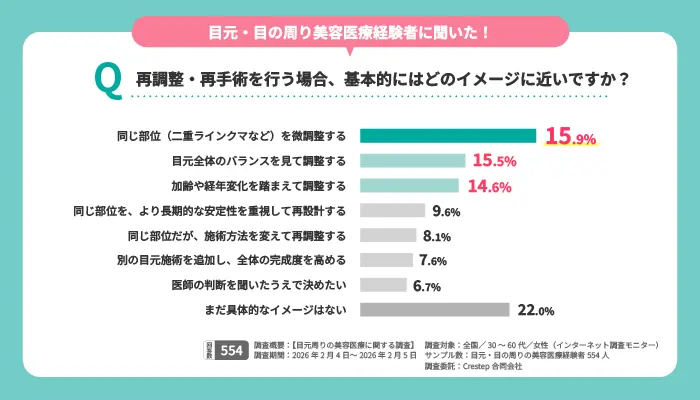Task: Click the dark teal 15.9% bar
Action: (x=448, y=136)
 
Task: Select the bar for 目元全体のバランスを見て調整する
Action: (x=412, y=161)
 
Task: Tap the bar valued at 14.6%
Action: (x=409, y=186)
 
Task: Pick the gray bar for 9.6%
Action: (x=392, y=211)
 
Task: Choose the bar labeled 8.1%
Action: (x=387, y=236)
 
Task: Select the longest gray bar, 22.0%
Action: (x=434, y=310)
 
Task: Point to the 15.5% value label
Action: (x=494, y=161)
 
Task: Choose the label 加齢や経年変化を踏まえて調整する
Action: (x=260, y=186)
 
